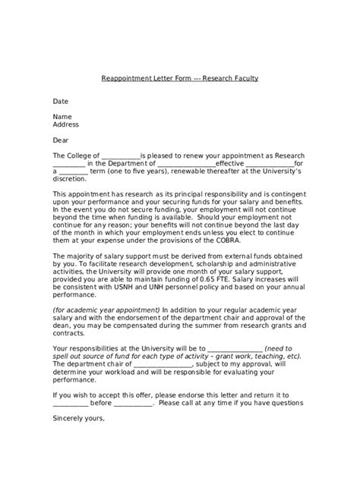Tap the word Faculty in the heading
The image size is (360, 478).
(242, 78)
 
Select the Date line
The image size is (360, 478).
(60, 101)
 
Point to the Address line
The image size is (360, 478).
(65, 124)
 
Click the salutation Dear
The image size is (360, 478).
(61, 140)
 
